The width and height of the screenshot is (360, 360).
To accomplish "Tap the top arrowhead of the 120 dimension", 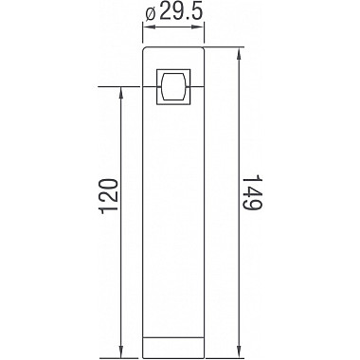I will pyautogui.click(x=122, y=95).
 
